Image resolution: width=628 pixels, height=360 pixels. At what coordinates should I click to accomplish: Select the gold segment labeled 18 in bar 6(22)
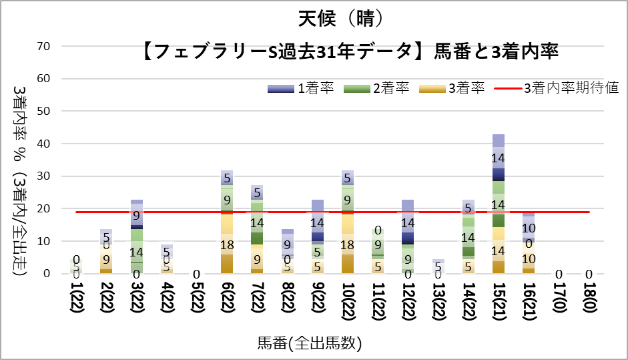[227, 244]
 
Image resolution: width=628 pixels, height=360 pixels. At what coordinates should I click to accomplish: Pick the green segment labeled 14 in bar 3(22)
[136, 252]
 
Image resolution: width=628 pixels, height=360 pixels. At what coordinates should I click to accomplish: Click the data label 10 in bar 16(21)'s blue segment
[528, 228]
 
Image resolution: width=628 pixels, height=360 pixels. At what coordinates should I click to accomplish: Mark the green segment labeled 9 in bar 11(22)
[377, 244]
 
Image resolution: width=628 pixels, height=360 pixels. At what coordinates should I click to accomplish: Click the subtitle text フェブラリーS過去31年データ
[287, 51]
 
